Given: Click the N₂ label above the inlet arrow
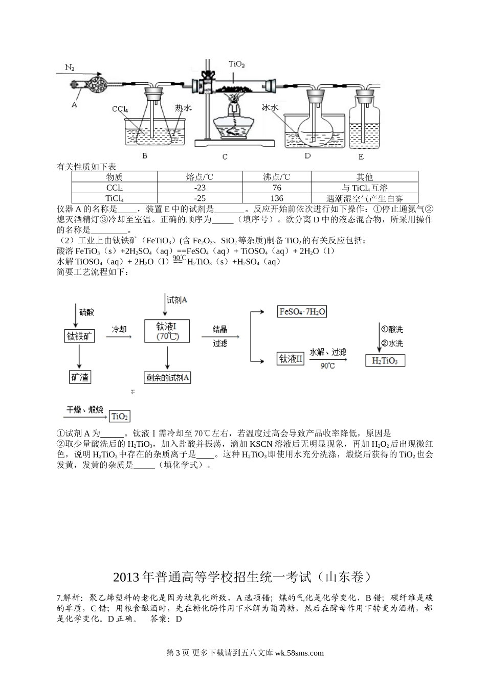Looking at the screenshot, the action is pos(70,67).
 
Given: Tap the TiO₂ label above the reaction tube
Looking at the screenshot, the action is pos(236,64).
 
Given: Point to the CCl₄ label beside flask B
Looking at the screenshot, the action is pos(120,109).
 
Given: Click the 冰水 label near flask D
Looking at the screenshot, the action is pos(270,107).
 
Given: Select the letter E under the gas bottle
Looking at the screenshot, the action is pos(361,157).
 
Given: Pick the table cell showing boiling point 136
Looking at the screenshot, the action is pos(277,198).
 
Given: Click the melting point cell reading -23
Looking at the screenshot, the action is pos(200,188).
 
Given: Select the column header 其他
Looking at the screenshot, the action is pos(364,177).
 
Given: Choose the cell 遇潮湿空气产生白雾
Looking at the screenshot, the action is pos(364,198).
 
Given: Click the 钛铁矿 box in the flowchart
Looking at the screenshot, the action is pos(79,336).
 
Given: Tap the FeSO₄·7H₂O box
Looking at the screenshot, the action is pos(302,312).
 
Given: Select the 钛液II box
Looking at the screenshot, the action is pos(291,359).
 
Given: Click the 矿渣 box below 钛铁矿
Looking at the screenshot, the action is pos(80,377).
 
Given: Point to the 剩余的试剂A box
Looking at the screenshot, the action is pos(167,378).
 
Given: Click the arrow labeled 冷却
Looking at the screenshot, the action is pos(119,337).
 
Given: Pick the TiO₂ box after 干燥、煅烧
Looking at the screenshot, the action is pos(119,416).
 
